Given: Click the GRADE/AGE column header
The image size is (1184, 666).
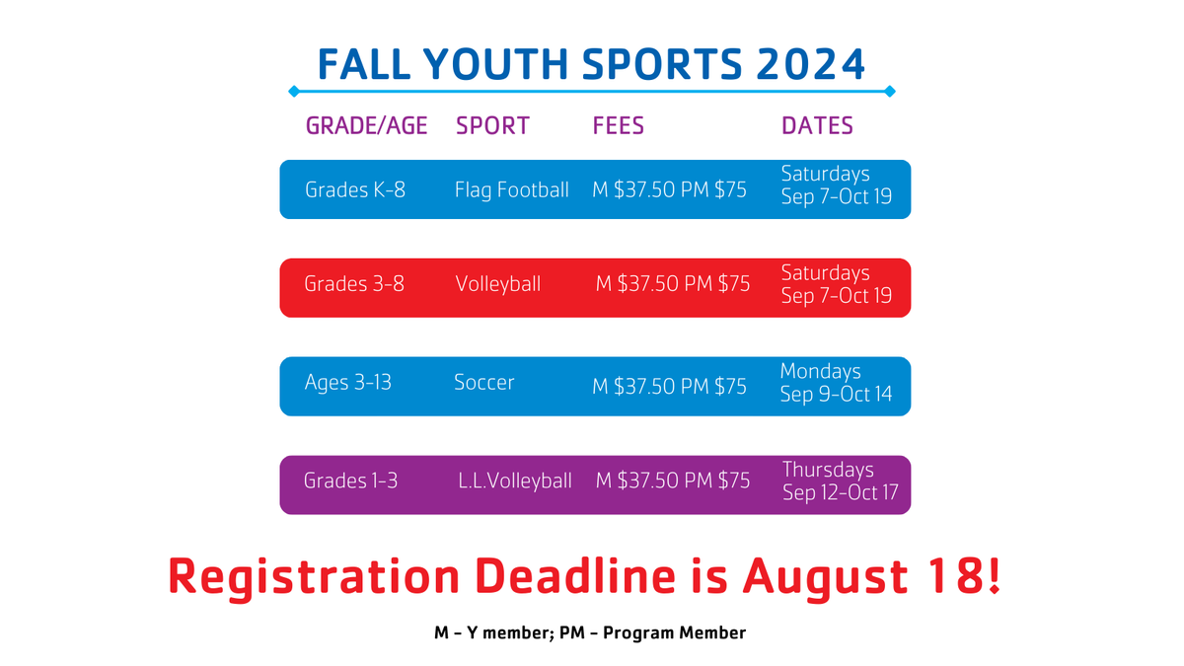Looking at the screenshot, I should coord(366,126).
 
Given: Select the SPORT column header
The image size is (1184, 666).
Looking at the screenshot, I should coord(492,126).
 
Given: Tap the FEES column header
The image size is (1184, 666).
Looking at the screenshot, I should coord(618,126).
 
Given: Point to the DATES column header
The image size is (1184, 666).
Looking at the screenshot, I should coord(817,126).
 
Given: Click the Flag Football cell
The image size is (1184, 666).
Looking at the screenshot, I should coord(511,189).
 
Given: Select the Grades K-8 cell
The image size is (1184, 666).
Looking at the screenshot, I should coord(355,189).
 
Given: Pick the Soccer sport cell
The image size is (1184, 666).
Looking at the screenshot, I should coord(483,382).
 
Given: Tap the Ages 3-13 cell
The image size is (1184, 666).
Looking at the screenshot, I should coord(347,382).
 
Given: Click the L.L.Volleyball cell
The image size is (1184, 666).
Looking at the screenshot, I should coord(514,481).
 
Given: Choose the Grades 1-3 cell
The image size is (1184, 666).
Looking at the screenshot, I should coord(350,481).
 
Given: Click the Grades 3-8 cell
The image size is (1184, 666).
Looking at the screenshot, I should coord(354,284).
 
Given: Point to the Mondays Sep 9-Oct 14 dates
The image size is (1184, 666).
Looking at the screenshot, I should coord(836,383).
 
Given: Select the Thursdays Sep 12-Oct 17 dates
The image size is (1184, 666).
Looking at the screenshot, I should coord(840,481).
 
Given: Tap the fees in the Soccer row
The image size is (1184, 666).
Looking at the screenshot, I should coord(669,387).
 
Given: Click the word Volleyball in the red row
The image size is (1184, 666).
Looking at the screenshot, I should coord(497,284).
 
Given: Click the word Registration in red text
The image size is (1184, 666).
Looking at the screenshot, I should coord(314,576).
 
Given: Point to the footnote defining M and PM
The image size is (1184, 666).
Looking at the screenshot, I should coord(591,633).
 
